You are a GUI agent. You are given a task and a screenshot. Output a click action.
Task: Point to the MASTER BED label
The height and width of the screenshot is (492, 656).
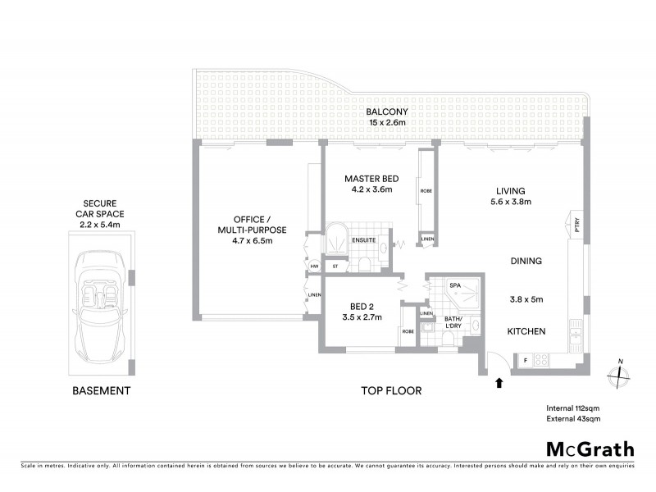point(368,178)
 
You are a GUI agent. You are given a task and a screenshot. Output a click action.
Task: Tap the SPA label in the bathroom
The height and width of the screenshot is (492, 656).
point(455,286)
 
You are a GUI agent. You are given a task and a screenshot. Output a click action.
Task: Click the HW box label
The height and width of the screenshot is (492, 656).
point(314,266)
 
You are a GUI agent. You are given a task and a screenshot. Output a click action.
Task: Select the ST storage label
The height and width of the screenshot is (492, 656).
point(335,266)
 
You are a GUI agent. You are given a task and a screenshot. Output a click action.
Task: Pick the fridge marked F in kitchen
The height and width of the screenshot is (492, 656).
point(524,360)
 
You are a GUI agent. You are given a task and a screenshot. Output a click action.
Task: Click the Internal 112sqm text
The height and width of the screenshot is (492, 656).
point(574,408)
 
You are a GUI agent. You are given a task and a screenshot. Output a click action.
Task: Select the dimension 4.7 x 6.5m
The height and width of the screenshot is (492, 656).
point(250,240)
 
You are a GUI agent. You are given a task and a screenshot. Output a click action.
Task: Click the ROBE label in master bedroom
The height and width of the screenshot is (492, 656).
point(426,190)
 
